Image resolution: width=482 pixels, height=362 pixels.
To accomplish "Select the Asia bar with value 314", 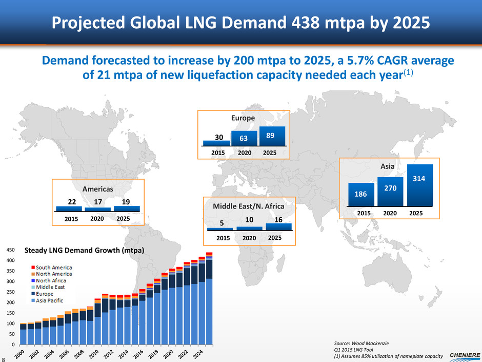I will coord(420,185).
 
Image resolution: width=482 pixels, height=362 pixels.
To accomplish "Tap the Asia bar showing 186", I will coord(361,195).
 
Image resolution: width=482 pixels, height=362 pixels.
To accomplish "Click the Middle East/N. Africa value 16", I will coord(278,219).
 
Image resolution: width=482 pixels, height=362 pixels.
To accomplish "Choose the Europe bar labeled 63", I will coord(244,139).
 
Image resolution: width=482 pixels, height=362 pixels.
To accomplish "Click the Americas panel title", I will coord(98,189).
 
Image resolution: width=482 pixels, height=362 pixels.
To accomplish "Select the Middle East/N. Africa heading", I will coord(248,206).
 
